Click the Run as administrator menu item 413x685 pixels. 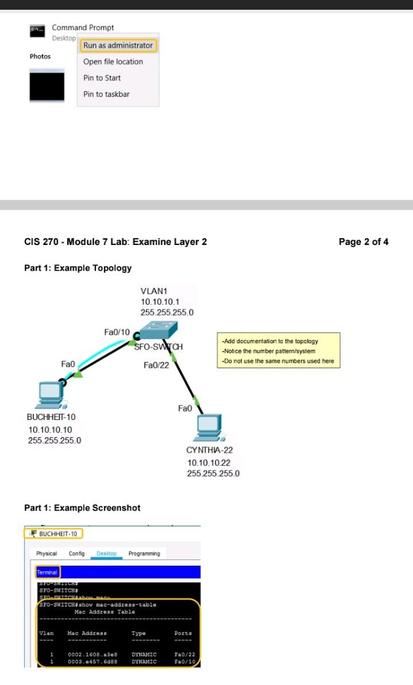coord(118,45)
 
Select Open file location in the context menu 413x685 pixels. coord(113,62)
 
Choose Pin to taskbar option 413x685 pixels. coord(106,94)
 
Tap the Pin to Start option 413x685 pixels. coord(102,78)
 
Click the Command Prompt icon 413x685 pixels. coord(37,31)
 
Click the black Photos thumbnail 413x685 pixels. coord(47,85)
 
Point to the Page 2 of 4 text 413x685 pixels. coord(363,242)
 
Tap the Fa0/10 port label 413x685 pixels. coord(117,332)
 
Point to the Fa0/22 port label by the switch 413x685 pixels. coord(156,365)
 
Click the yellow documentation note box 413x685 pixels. coord(278,351)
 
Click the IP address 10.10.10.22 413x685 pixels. coord(209,462)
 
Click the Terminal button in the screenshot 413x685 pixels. coord(47,572)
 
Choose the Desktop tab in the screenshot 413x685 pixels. coord(107,554)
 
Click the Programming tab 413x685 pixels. coord(144,554)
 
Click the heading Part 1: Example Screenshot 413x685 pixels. coord(82,508)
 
